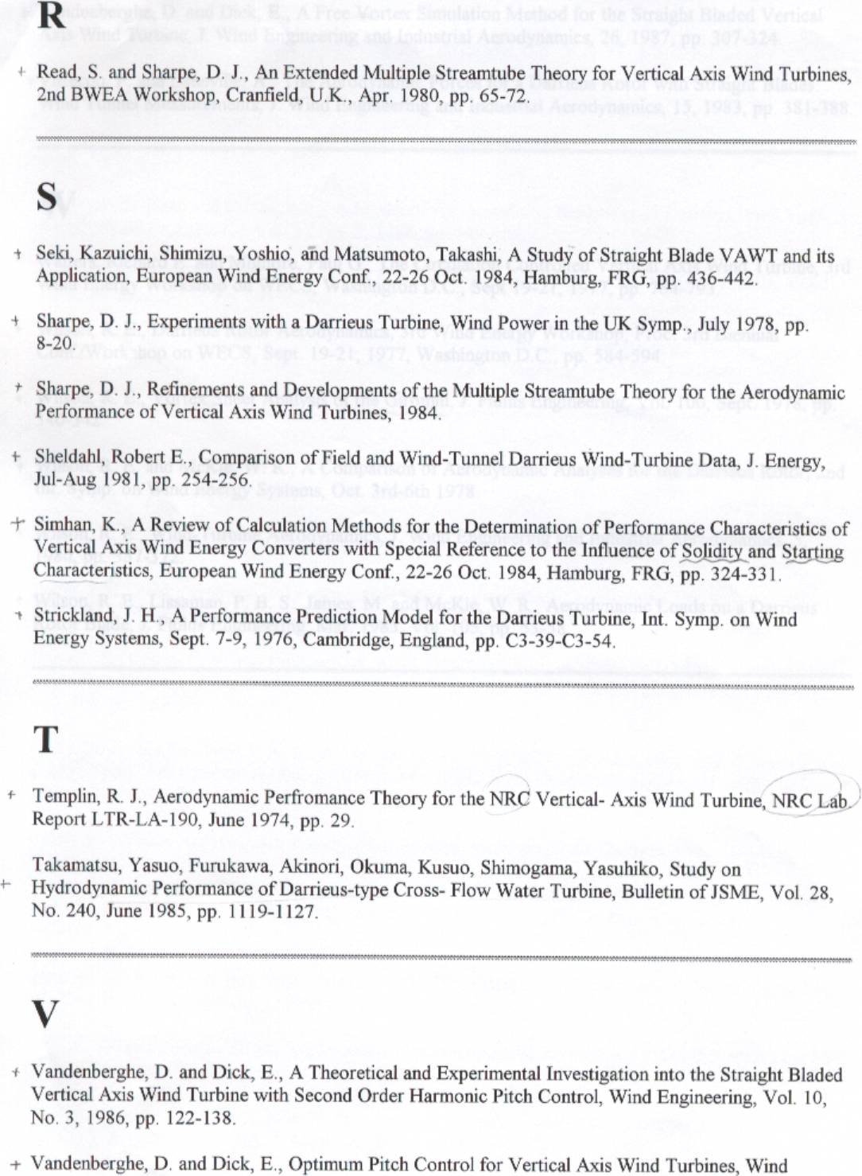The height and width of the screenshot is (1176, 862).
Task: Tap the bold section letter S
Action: [x=47, y=197]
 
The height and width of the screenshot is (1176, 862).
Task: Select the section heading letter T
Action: [x=46, y=739]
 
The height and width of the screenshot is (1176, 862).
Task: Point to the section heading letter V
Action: [x=45, y=1013]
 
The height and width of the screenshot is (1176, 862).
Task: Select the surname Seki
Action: [x=52, y=254]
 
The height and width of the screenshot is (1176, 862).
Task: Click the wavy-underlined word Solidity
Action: [x=712, y=551]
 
